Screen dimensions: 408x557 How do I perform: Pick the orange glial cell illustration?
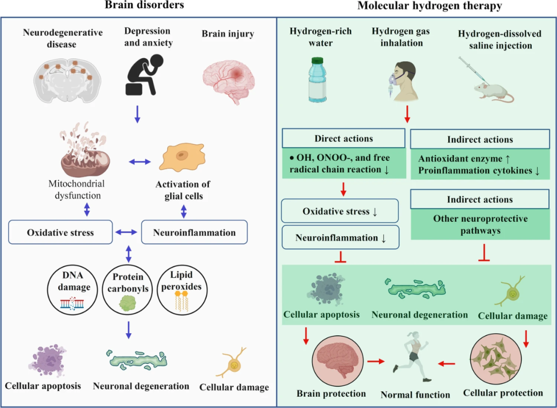(x=180, y=156)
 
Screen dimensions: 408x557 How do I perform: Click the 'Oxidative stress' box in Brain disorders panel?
(x=61, y=233)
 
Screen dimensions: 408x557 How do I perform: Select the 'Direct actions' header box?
(x=343, y=138)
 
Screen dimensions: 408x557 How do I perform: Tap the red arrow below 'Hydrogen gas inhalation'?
(x=407, y=114)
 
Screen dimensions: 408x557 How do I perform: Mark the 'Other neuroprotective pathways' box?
(x=480, y=225)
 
